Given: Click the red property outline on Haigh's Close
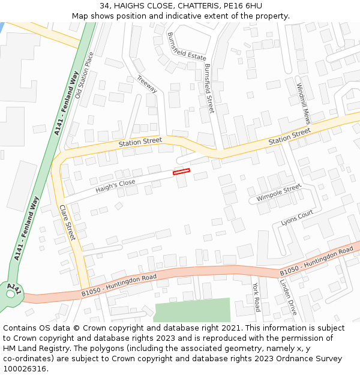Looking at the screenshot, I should (x=181, y=172).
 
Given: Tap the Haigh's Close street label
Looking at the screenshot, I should (x=116, y=185).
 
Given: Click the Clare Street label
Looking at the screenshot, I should (x=67, y=223).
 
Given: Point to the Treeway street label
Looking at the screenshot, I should (x=147, y=84).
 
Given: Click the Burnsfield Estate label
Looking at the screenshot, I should (x=187, y=46).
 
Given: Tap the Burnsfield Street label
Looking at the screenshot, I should (x=209, y=88).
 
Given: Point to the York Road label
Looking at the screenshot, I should (x=256, y=297).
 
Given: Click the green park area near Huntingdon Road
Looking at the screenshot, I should (x=192, y=310).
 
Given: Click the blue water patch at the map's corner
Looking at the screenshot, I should (x=2, y=27).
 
